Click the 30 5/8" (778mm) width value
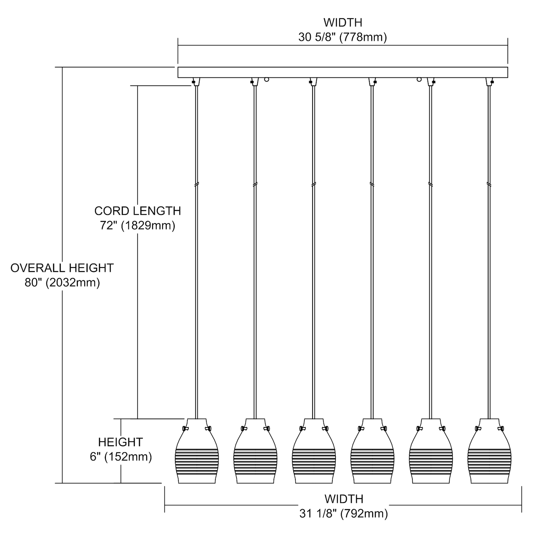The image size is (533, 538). [x=342, y=37]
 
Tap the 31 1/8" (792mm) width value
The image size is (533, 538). [x=343, y=514]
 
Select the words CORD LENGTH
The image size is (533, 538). [x=137, y=211]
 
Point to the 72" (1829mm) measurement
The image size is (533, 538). [x=137, y=226]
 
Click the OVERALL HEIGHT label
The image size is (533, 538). [x=62, y=268]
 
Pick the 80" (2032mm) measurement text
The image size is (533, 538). [x=62, y=283]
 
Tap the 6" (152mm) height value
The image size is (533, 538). [x=121, y=457]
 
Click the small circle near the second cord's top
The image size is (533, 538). [x=266, y=79]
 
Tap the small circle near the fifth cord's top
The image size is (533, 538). [x=419, y=79]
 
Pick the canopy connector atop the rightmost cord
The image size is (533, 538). [x=489, y=82]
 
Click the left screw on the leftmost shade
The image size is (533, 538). [x=185, y=428]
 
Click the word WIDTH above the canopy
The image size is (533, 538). [x=343, y=22]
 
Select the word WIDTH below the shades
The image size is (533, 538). [x=344, y=499]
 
